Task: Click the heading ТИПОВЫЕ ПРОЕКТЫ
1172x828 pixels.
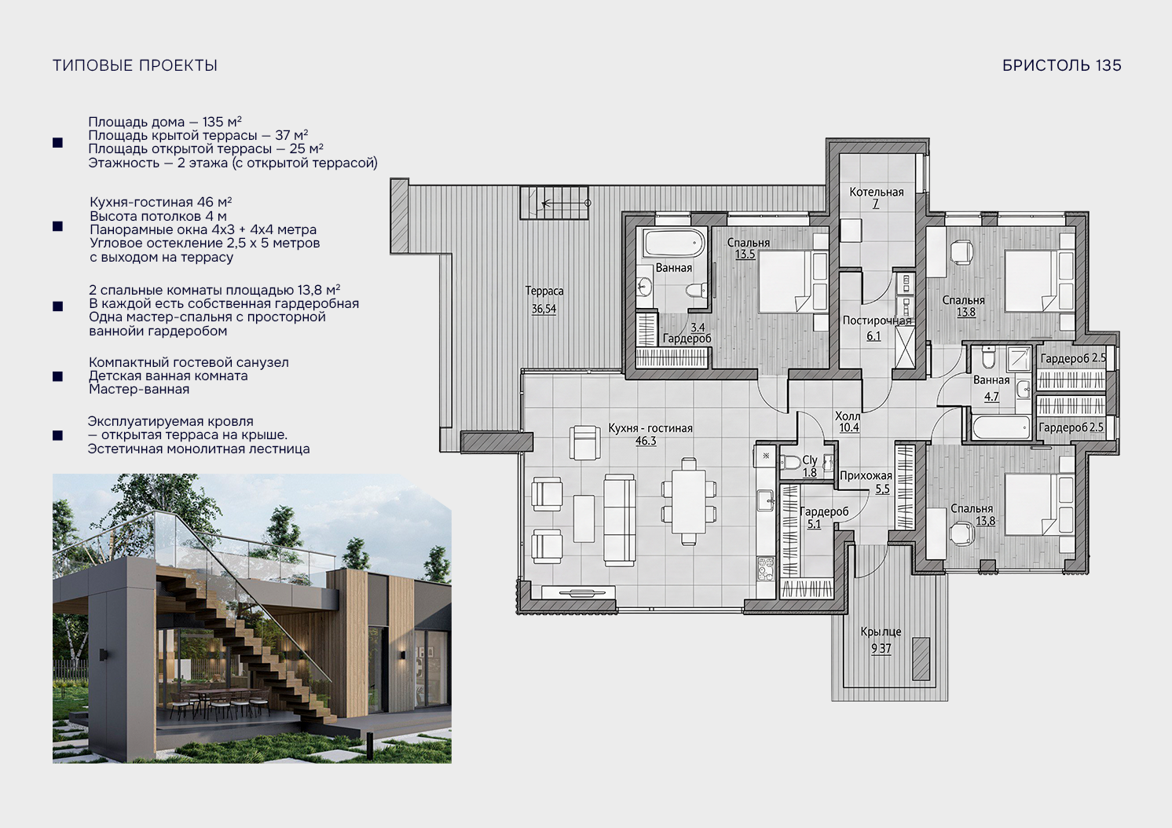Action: coord(134,65)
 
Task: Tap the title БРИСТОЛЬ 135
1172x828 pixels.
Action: coord(1061,65)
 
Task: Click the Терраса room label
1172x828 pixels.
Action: coord(544,291)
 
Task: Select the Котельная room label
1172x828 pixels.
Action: coord(877,192)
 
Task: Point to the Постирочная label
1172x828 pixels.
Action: coord(877,321)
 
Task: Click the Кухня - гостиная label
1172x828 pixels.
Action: coord(650,428)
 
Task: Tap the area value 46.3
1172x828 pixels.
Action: coord(646,441)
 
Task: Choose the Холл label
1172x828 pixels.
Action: coord(848,416)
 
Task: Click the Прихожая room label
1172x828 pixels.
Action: coord(866,476)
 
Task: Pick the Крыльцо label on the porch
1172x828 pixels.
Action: coord(881,632)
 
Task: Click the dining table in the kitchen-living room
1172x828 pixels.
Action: coord(689,501)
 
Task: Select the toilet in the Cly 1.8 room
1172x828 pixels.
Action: coord(789,463)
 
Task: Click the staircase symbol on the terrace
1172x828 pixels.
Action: coord(554,203)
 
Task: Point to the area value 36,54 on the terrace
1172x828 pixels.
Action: coord(544,309)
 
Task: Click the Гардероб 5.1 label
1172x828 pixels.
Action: coord(824,517)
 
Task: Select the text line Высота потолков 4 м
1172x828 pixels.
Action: coord(159,216)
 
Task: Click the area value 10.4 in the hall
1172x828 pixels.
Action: coord(849,427)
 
